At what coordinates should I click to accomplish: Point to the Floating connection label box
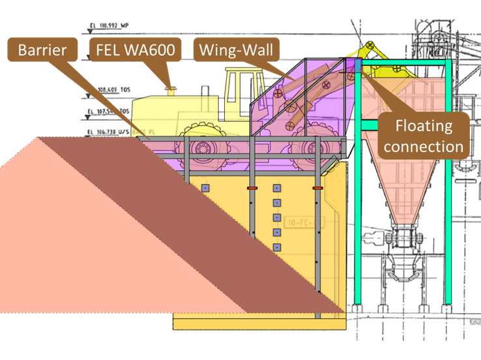(x=423, y=134)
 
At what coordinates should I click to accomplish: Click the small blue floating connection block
(x=357, y=67)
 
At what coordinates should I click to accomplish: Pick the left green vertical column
(x=357, y=196)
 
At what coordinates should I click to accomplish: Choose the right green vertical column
(x=448, y=196)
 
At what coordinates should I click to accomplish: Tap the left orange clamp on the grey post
(x=252, y=188)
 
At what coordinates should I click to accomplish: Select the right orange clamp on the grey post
(x=317, y=188)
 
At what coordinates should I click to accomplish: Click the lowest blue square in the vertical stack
(x=276, y=247)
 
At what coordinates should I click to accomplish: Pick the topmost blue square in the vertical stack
(x=276, y=188)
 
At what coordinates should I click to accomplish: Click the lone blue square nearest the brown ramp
(x=205, y=188)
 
